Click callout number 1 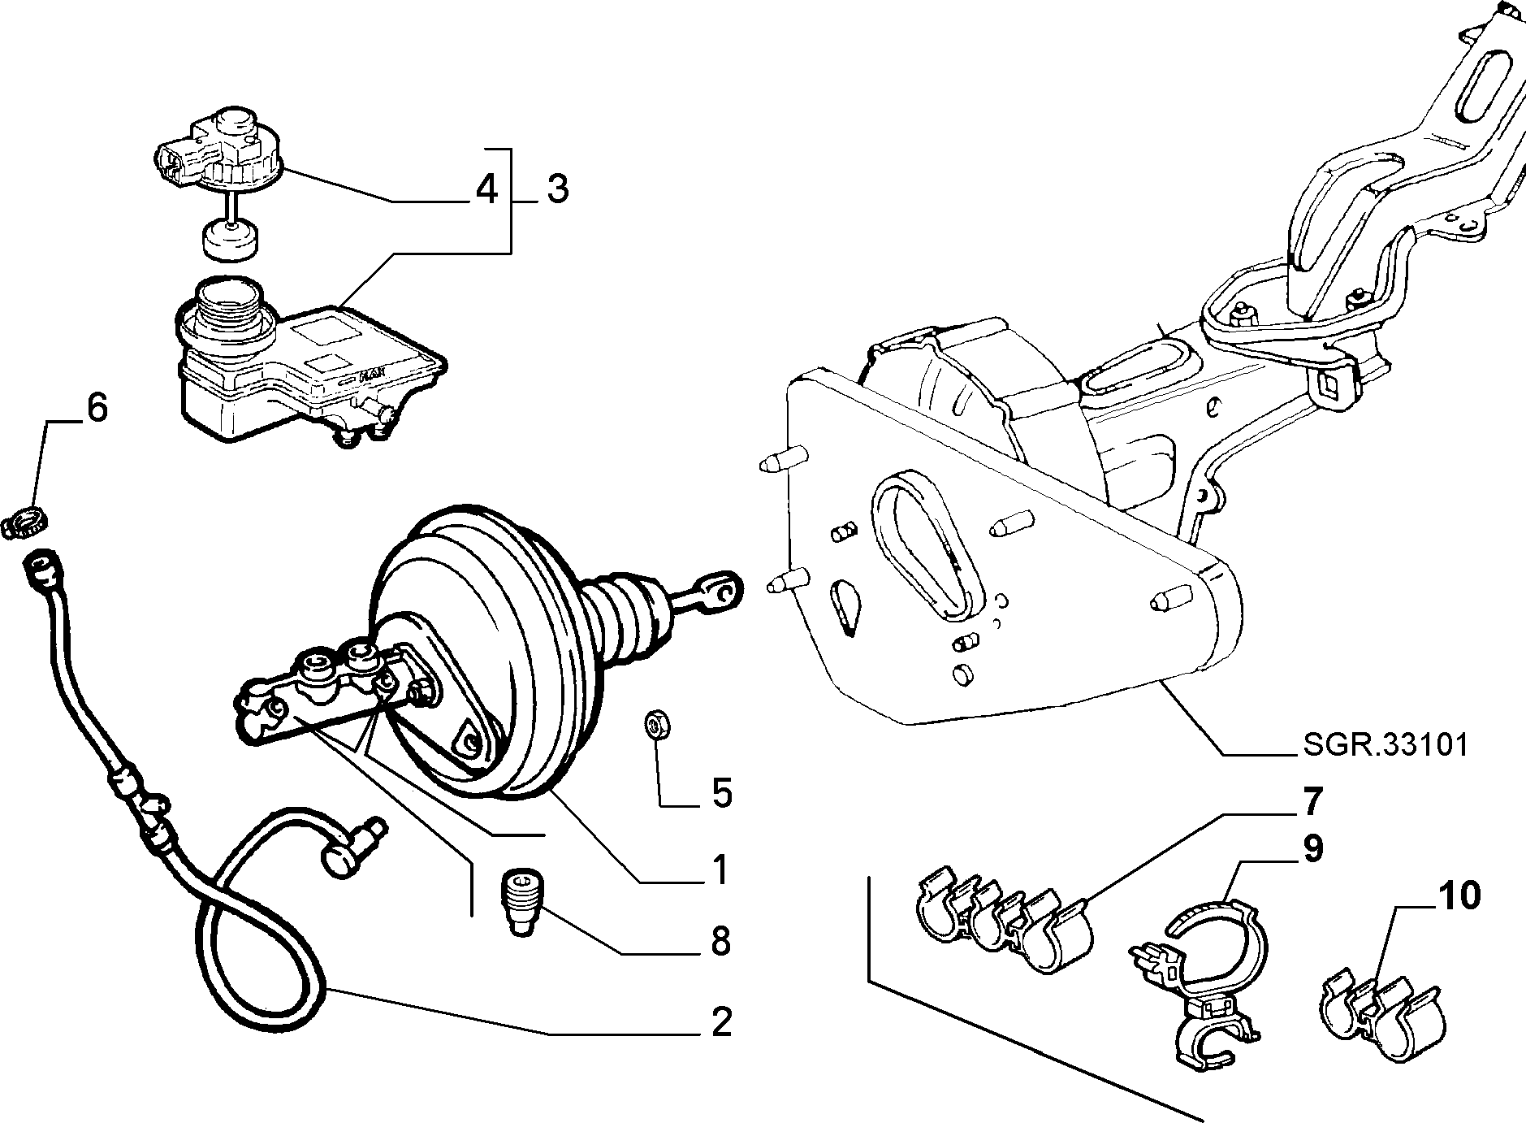718,870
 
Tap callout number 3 556,189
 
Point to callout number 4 485,189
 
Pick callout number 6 96,408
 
